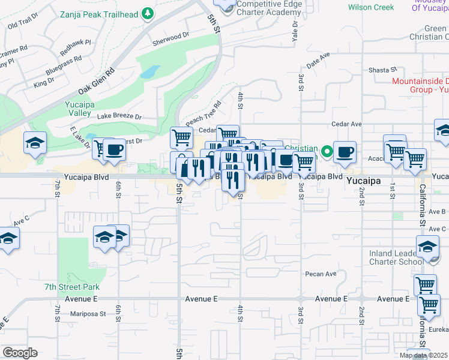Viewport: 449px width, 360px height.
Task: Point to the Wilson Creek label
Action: [371, 7]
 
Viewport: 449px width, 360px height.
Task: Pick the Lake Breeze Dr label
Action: [119, 116]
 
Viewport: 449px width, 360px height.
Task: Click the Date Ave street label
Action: [318, 59]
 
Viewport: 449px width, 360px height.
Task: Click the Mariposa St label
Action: [87, 313]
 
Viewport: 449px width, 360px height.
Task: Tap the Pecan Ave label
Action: [321, 274]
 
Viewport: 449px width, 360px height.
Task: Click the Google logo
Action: [20, 353]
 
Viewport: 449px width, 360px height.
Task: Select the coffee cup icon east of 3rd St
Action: [345, 152]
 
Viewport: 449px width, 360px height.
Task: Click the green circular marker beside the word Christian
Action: [326, 152]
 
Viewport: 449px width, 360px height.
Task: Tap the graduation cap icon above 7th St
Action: [35, 143]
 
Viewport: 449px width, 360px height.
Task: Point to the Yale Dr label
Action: [295, 33]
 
